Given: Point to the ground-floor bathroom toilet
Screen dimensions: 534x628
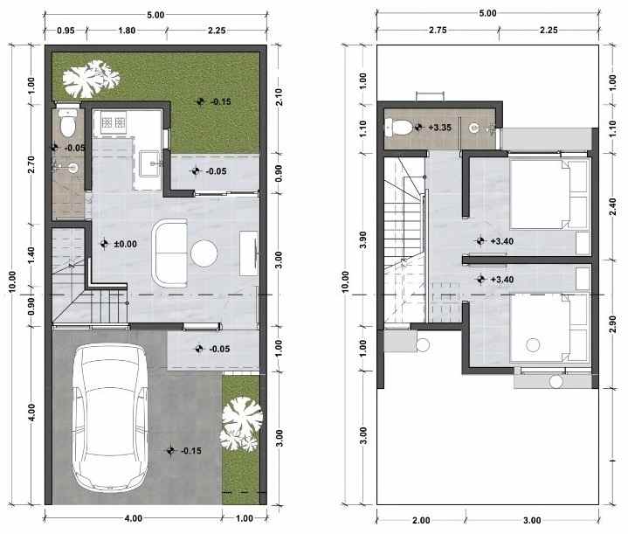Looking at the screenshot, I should click(66, 116).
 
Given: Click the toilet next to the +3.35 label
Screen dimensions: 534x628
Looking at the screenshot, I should click(401, 128).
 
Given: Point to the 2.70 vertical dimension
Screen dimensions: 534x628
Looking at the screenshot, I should click(31, 165).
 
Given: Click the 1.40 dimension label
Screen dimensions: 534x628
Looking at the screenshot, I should click(31, 255).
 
